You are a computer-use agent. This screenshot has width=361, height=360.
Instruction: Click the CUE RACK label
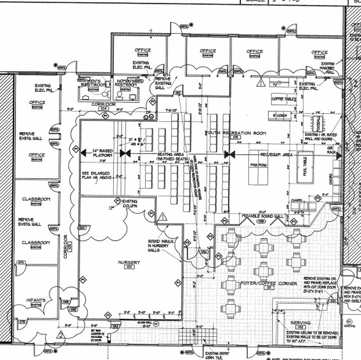pos(334,151)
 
